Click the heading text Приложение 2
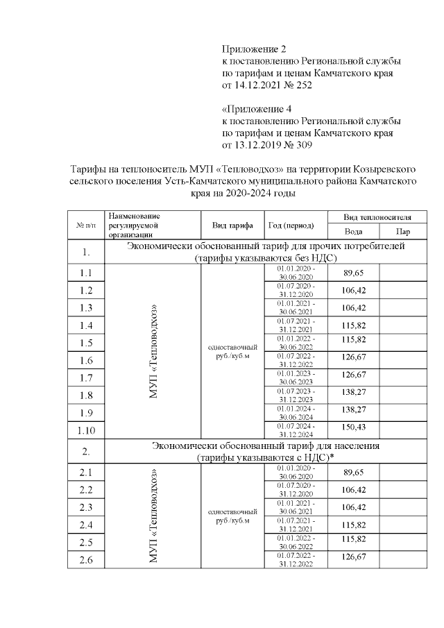point(254,49)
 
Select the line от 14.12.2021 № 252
point(267,86)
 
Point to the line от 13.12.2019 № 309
point(267,146)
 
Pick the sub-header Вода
point(353,232)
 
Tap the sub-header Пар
point(403,232)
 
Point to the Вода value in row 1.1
point(353,272)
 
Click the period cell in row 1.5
point(296,343)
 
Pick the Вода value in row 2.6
point(353,559)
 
